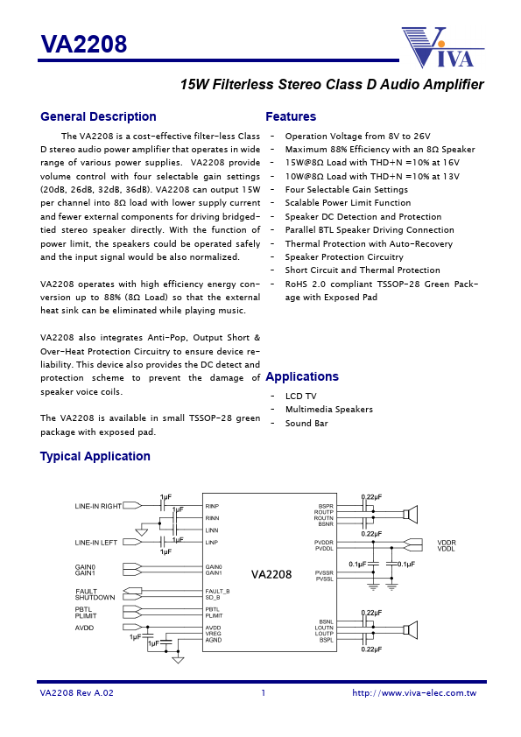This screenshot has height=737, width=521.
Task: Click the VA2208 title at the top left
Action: tap(84, 44)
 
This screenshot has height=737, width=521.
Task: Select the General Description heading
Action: tap(98, 117)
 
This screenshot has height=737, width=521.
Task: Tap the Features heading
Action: tap(291, 117)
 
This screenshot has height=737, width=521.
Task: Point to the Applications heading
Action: tap(301, 377)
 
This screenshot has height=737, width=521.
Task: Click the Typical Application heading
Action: tap(95, 457)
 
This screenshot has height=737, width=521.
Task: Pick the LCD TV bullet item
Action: tap(300, 397)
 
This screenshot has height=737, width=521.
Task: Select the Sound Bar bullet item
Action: tap(306, 424)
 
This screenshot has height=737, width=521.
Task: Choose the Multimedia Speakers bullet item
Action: tap(328, 410)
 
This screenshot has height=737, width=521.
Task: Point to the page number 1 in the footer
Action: tap(263, 693)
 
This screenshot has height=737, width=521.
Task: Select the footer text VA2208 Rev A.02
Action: tap(77, 693)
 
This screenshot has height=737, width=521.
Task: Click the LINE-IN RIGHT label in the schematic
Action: tap(98, 506)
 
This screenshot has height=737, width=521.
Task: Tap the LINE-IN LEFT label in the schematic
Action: tap(95, 543)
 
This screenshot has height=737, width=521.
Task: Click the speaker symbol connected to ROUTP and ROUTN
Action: tap(410, 514)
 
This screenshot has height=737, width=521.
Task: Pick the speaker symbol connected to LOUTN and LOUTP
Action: tap(410, 628)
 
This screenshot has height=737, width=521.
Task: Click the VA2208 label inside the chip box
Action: tap(271, 575)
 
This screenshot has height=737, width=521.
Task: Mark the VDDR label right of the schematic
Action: tap(447, 543)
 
